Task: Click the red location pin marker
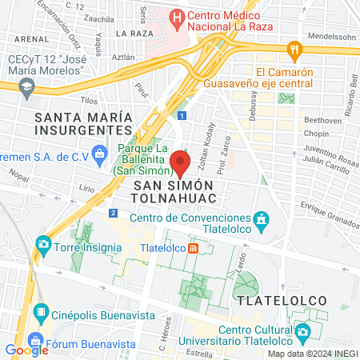point(180,162)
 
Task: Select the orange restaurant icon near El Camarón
point(294,50)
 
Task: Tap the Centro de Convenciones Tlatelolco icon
point(260,218)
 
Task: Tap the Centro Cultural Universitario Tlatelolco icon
point(302,331)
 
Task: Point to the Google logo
point(26,350)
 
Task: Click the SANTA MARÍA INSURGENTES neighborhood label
point(82,123)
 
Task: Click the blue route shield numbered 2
point(114,214)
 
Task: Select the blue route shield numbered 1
point(183,115)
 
